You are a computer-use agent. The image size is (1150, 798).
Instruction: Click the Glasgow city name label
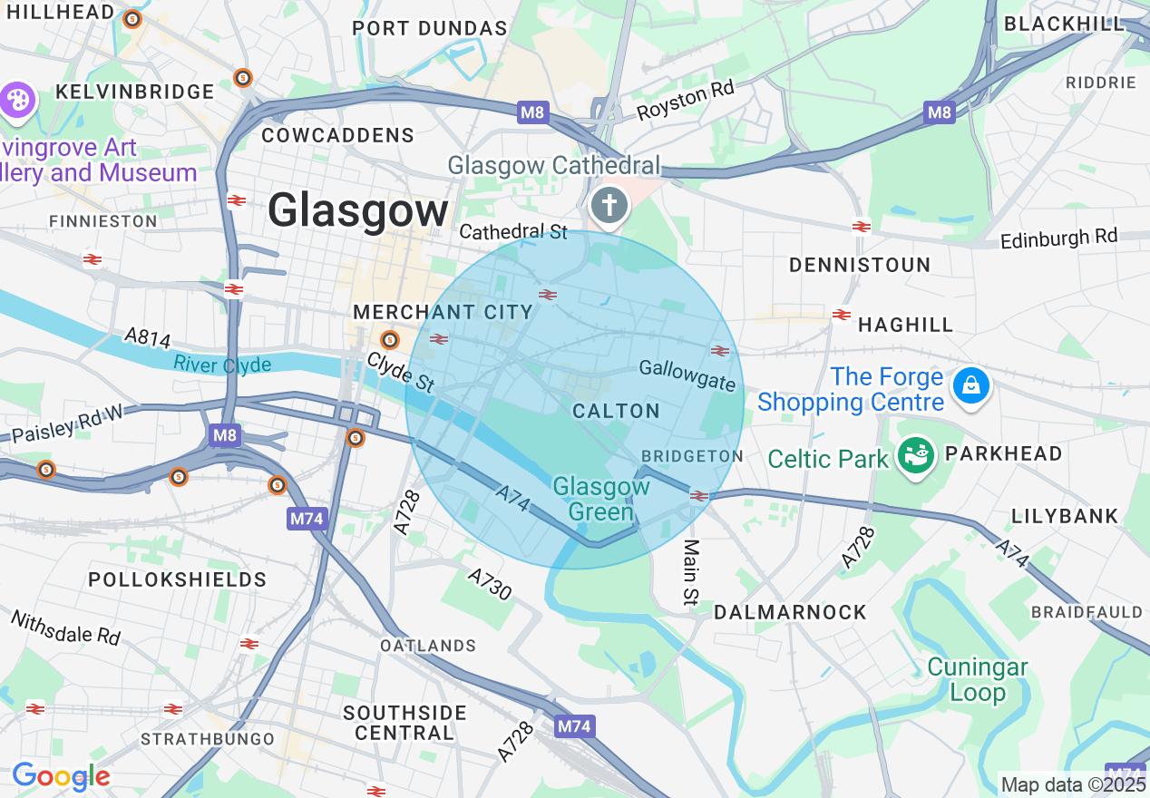tap(358, 211)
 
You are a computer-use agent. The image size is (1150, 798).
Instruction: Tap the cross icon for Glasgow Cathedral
tap(609, 206)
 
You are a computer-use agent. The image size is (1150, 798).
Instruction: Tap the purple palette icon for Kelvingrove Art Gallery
tap(17, 101)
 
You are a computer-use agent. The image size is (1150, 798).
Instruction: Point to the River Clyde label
tap(222, 365)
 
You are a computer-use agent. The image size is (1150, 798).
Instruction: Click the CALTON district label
tap(617, 411)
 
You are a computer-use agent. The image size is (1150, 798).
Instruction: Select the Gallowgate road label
tap(687, 375)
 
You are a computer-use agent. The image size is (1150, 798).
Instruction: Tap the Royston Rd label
tap(685, 100)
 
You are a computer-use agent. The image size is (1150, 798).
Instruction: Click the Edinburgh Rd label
tap(1059, 238)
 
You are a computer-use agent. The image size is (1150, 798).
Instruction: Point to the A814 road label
tap(147, 337)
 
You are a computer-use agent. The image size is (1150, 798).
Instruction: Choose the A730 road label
tap(490, 584)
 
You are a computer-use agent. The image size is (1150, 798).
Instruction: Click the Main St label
tap(692, 572)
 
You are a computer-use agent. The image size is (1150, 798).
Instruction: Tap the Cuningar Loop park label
tap(977, 680)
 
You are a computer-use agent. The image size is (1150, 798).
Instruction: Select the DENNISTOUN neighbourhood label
tap(859, 265)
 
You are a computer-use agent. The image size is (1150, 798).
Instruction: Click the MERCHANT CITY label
tap(443, 312)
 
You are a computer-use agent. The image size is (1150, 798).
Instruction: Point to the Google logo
tap(61, 776)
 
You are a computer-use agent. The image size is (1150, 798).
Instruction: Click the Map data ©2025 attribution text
tap(1073, 784)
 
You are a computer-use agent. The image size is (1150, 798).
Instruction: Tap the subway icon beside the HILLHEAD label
tap(132, 18)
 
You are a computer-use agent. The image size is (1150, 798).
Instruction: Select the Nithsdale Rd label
tap(65, 627)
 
